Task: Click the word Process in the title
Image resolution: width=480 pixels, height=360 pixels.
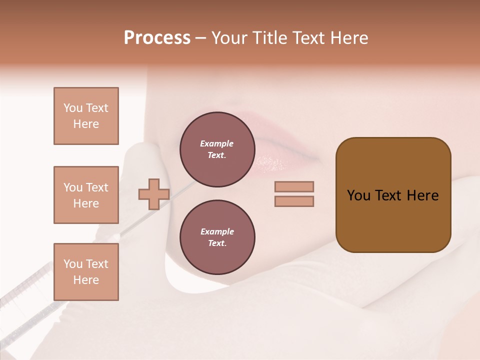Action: [x=157, y=38]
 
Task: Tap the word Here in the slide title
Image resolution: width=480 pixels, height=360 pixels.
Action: [x=348, y=38]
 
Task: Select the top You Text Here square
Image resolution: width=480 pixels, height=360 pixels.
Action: [x=86, y=116]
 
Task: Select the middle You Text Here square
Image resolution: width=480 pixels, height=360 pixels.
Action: [x=86, y=195]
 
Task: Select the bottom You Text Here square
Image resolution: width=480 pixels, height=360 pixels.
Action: [x=86, y=272]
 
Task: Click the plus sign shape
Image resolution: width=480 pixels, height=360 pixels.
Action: [x=153, y=194]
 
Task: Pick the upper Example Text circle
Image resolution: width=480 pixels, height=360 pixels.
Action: [x=217, y=149]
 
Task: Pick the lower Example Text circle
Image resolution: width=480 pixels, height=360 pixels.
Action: [x=217, y=237]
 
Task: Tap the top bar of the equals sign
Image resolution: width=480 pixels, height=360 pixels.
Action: [x=294, y=186]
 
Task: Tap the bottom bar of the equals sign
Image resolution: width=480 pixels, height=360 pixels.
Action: [x=294, y=201]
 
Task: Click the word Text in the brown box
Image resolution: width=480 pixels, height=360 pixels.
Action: [x=389, y=195]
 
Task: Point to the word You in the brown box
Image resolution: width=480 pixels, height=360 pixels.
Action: [x=358, y=195]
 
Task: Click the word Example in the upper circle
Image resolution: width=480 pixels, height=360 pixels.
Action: [x=216, y=143]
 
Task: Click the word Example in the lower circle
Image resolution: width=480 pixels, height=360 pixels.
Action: [x=217, y=231]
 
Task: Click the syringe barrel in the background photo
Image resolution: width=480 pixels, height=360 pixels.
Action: [x=30, y=295]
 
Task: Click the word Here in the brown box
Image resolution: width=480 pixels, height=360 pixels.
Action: [x=422, y=195]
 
